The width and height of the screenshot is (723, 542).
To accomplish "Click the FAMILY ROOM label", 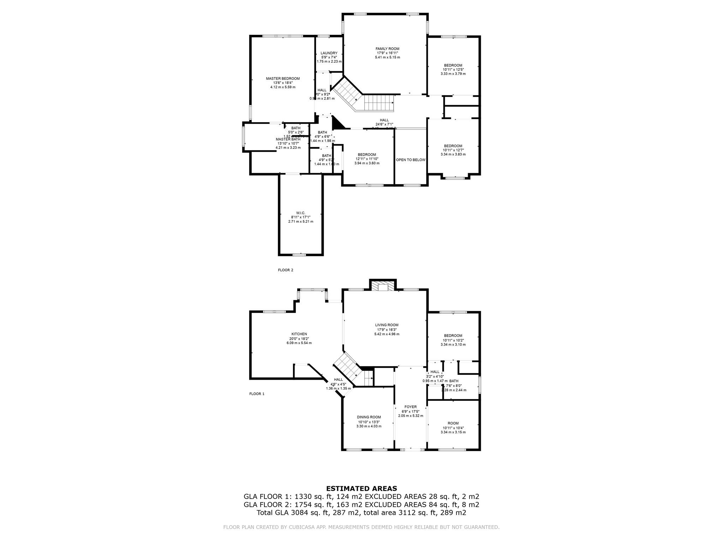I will click(x=387, y=49).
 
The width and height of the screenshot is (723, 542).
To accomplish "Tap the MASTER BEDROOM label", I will click(x=283, y=78).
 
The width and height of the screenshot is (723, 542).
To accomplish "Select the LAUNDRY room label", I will click(x=329, y=53).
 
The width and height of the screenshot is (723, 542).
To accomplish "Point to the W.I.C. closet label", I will click(x=300, y=213).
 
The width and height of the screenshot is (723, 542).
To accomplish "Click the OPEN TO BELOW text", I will click(x=411, y=160).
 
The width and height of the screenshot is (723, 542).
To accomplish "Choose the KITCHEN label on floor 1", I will click(x=299, y=334).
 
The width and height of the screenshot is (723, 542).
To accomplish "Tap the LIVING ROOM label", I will click(x=387, y=325).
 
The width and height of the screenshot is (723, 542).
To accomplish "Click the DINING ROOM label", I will click(x=369, y=417).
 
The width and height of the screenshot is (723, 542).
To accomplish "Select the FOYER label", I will click(x=410, y=407).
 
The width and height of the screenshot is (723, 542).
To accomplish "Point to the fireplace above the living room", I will click(x=383, y=286).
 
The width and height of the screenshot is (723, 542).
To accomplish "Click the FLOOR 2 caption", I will click(x=286, y=270).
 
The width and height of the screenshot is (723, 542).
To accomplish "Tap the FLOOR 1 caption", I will click(x=257, y=394).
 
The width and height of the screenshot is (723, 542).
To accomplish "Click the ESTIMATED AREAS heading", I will click(x=361, y=489).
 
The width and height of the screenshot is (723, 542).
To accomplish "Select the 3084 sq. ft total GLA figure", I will click(x=301, y=513).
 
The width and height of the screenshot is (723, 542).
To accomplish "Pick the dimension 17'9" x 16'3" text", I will click(x=387, y=330).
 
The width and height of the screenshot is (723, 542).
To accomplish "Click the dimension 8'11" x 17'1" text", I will click(x=300, y=217).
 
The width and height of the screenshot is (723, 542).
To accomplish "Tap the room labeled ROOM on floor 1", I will click(x=453, y=423).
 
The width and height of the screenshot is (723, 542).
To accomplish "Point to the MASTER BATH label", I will click(x=288, y=139).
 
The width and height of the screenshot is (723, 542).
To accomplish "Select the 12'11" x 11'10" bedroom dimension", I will click(x=367, y=159).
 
